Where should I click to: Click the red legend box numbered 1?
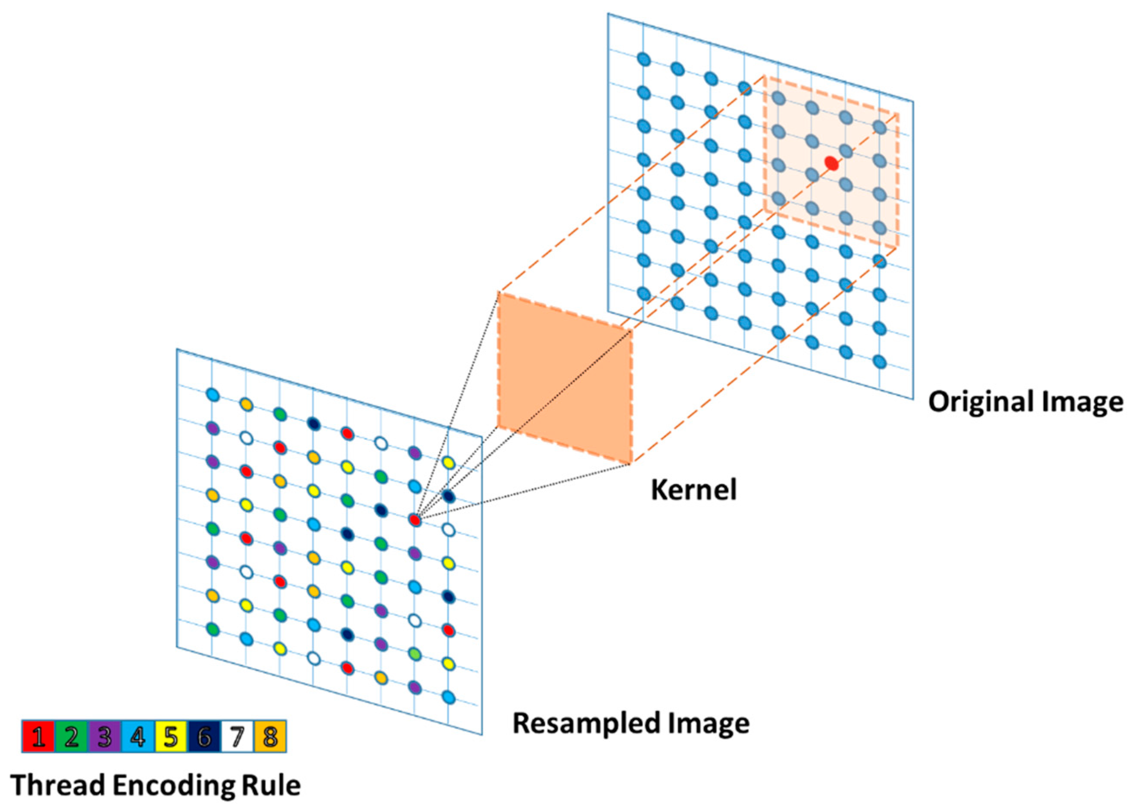[38, 737]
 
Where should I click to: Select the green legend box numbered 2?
[71, 737]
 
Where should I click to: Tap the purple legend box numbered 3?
[104, 737]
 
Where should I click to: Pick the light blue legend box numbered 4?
[138, 737]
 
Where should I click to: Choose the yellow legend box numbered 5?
[170, 737]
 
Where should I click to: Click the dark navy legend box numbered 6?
[204, 737]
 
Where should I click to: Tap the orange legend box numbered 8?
[270, 737]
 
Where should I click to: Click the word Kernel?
[693, 489]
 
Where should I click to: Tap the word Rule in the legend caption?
[272, 785]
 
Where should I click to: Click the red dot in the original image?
[831, 163]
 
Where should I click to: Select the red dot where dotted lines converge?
[415, 520]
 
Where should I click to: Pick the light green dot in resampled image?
[414, 653]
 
